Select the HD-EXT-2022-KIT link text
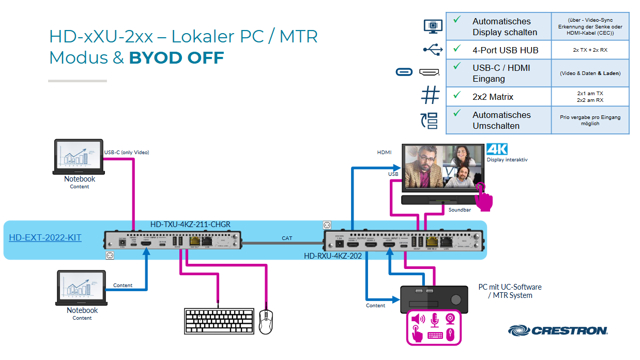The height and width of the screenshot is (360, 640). (x=45, y=238)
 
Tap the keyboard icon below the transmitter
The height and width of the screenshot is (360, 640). (x=218, y=321)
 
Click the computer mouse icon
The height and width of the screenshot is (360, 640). (x=265, y=322)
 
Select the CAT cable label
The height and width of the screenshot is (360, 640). (x=287, y=238)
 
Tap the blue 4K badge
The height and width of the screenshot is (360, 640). (x=496, y=149)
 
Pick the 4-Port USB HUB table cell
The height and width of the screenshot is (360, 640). (x=505, y=50)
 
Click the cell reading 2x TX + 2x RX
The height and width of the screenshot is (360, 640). (x=589, y=50)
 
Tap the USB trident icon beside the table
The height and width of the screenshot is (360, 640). (x=432, y=50)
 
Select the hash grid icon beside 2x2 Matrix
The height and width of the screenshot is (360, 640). (x=430, y=96)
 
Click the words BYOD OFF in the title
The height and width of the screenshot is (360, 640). (x=176, y=58)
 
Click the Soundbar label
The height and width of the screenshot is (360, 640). (x=460, y=210)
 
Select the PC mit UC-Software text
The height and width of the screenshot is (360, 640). (x=510, y=287)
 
